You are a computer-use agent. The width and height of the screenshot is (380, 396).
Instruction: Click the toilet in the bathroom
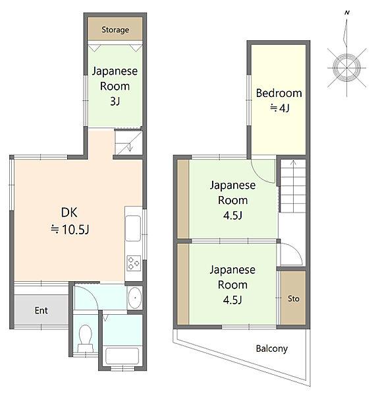click(x=85, y=339)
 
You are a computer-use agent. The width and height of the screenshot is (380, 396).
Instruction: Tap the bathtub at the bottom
click(x=122, y=356)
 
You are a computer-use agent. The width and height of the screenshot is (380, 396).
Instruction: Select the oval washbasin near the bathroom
click(x=135, y=298)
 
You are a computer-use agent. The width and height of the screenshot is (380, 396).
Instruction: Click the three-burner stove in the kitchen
click(x=134, y=263)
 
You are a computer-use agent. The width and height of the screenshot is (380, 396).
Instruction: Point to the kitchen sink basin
click(x=133, y=228)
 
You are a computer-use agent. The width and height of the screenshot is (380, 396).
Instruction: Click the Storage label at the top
click(x=115, y=30)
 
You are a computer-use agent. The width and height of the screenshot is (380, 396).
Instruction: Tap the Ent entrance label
click(x=41, y=310)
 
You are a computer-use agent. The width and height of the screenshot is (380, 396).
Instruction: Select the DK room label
click(x=69, y=213)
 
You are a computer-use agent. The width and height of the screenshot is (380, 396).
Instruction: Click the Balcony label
click(x=271, y=348)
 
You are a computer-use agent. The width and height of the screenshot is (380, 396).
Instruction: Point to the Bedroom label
click(x=279, y=93)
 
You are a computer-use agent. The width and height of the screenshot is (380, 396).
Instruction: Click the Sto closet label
click(x=294, y=299)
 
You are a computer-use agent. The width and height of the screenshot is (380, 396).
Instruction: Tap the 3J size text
click(x=115, y=101)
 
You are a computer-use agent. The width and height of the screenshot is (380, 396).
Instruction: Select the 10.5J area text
click(x=75, y=230)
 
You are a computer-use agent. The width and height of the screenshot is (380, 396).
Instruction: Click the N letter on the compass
click(x=347, y=13)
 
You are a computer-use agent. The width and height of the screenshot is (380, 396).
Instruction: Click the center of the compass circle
click(x=346, y=68)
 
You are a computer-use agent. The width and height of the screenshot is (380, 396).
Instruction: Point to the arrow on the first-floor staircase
click(x=130, y=147)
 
